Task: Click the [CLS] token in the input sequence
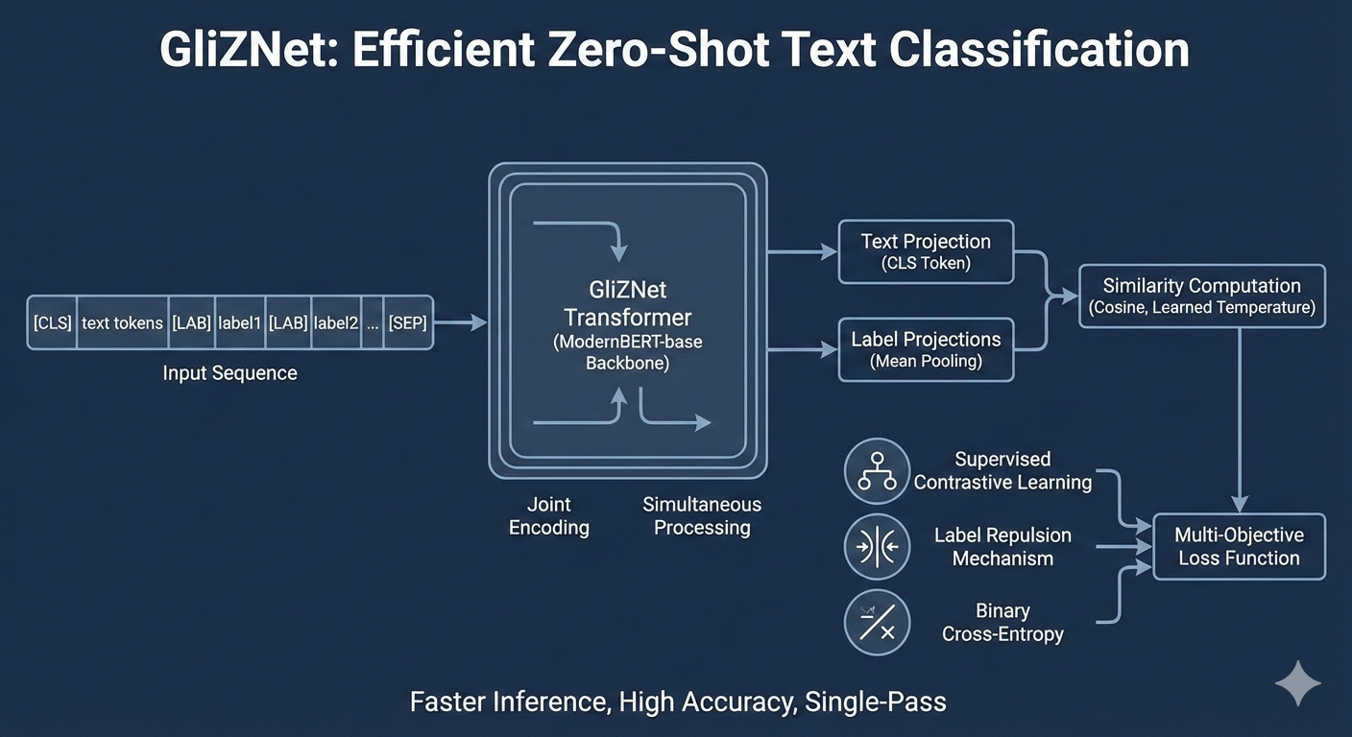pyautogui.click(x=52, y=322)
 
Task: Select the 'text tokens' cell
pyautogui.click(x=122, y=322)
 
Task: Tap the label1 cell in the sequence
pyautogui.click(x=239, y=322)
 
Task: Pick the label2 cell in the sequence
pyautogui.click(x=336, y=322)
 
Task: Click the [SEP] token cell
pyautogui.click(x=408, y=322)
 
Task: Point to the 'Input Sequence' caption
pyautogui.click(x=229, y=373)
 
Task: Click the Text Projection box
pyautogui.click(x=926, y=251)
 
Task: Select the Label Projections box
pyautogui.click(x=926, y=349)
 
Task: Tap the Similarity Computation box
pyautogui.click(x=1201, y=297)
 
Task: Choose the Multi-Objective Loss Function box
pyautogui.click(x=1239, y=547)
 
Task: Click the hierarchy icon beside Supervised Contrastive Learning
pyautogui.click(x=876, y=470)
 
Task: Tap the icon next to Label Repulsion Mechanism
pyautogui.click(x=876, y=547)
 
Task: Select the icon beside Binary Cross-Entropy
pyautogui.click(x=876, y=623)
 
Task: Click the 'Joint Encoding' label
pyautogui.click(x=548, y=516)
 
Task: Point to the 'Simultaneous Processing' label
pyautogui.click(x=702, y=516)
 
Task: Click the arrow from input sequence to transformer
pyautogui.click(x=461, y=323)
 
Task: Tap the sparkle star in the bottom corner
pyautogui.click(x=1297, y=683)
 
